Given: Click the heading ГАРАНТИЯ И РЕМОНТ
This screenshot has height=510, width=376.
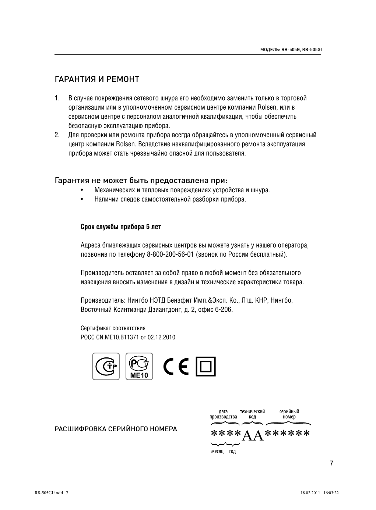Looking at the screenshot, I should coord(97,79).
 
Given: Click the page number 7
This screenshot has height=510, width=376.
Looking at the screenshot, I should coord(331,463).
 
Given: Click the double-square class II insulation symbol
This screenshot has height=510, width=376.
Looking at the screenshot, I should coord(206,367).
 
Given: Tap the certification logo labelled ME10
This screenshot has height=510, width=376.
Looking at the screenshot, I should coord(139,367).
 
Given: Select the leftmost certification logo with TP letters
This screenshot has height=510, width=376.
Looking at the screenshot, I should coord(106,367).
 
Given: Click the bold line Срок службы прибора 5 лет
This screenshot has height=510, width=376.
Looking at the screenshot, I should coord(121,227).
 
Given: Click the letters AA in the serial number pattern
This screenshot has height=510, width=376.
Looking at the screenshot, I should coord(253,435).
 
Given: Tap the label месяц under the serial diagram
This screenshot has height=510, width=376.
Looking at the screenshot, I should coord(217,451).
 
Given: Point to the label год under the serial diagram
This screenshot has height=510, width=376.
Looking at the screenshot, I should coord(232,451).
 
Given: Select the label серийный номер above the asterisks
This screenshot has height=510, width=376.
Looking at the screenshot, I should coord(289,414).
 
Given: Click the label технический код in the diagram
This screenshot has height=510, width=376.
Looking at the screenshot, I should coord(252,414).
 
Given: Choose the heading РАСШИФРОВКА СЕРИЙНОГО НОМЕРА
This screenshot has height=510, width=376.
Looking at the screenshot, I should coord(116,429).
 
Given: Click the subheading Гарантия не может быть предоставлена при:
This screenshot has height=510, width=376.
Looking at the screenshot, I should coord(141,181).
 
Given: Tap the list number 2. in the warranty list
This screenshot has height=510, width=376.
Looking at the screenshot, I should coord(57,135).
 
